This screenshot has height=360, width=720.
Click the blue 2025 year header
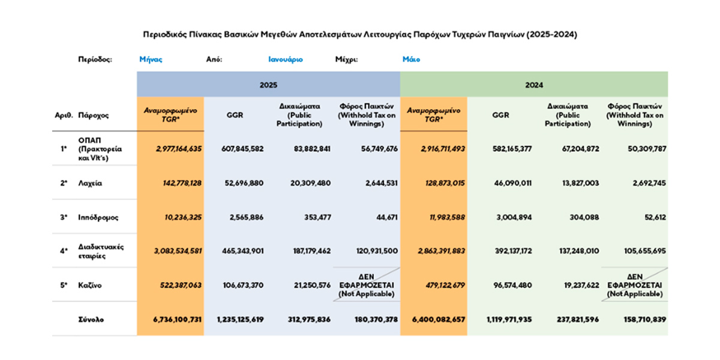(x=268, y=85)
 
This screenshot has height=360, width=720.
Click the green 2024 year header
(x=534, y=85)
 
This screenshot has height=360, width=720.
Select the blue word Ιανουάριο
(x=286, y=59)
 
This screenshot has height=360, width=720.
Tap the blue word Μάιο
(x=411, y=59)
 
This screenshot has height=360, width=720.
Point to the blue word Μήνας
(x=151, y=59)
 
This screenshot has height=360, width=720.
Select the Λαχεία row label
(x=90, y=183)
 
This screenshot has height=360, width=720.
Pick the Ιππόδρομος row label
(x=98, y=218)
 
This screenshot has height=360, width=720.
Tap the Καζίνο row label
(x=89, y=285)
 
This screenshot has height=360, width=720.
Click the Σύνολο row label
(x=91, y=319)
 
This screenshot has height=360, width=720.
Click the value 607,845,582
(x=242, y=149)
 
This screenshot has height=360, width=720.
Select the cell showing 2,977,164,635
(x=179, y=149)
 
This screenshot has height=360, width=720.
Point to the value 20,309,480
(x=310, y=183)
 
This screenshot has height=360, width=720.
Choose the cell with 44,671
(x=387, y=218)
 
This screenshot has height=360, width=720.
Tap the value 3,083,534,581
(x=178, y=251)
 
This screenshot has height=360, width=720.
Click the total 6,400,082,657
(x=439, y=319)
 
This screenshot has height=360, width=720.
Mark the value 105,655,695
(x=645, y=251)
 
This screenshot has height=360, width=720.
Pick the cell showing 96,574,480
(x=512, y=285)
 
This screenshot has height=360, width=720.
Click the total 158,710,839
(x=645, y=319)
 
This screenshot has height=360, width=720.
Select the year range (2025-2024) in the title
(x=551, y=34)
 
